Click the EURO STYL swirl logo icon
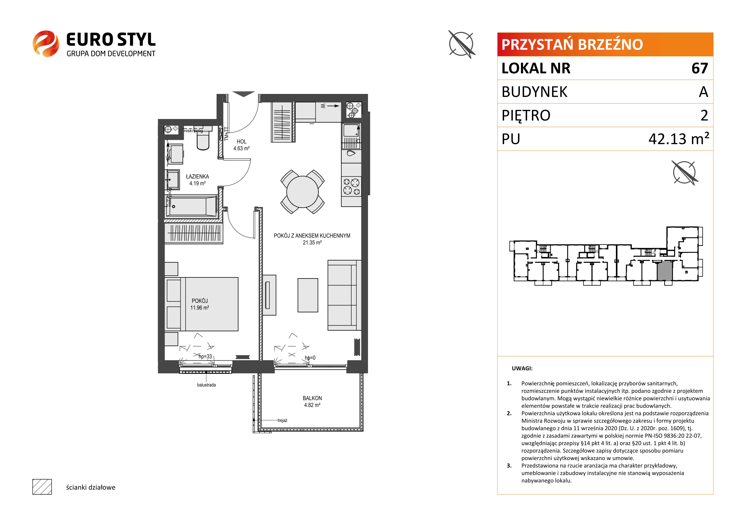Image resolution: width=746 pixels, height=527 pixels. (x=46, y=44)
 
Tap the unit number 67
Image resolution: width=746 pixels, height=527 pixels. (x=700, y=68)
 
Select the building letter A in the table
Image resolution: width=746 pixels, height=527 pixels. (x=703, y=92)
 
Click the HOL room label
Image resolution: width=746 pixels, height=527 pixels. (x=241, y=142)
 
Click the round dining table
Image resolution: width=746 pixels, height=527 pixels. (x=302, y=192)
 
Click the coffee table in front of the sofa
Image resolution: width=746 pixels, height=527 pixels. (x=308, y=295)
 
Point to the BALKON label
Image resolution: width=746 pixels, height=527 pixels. (x=312, y=398)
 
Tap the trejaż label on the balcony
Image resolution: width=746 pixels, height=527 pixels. (x=282, y=421)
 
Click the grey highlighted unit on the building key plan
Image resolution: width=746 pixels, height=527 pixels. (x=665, y=270)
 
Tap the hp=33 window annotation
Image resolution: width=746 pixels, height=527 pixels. (x=205, y=356)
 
